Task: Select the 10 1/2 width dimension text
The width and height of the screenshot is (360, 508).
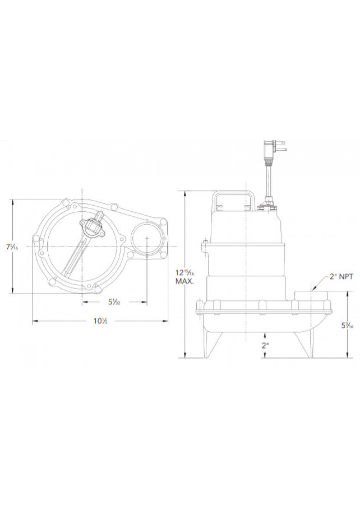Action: pos(100,321)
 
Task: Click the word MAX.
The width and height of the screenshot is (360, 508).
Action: pos(183,282)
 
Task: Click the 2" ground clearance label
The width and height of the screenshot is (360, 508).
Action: pos(265,346)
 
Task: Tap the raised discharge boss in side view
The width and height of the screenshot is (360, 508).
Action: pos(311,295)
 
